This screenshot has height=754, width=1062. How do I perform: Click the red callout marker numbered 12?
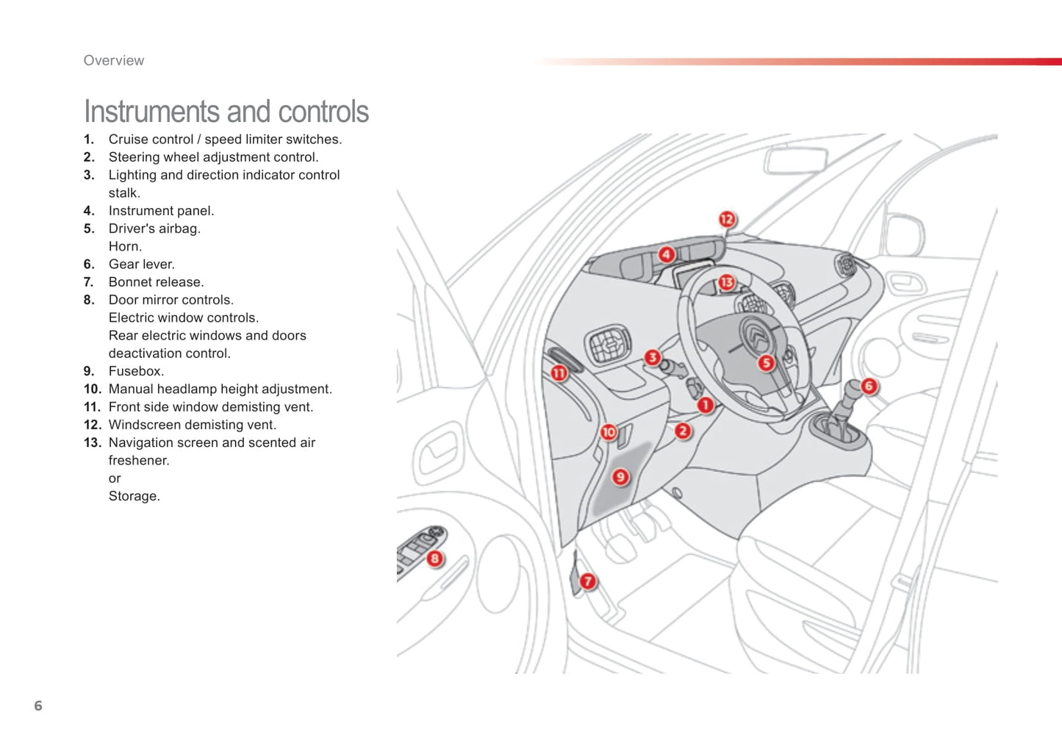(x=727, y=219)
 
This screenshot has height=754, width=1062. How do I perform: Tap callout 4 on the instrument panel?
(x=666, y=255)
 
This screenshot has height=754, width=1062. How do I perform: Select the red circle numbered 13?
(x=726, y=282)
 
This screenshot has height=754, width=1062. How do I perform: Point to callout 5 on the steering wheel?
(x=767, y=362)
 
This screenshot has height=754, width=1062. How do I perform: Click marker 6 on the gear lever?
(x=869, y=386)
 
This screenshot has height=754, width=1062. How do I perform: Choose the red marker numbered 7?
(x=587, y=581)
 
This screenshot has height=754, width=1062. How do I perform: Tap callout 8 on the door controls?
(x=434, y=559)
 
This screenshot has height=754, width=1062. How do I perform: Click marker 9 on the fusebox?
(x=620, y=477)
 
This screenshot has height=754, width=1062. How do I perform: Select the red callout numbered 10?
(x=609, y=432)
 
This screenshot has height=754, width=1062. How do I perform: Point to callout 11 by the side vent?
(x=559, y=373)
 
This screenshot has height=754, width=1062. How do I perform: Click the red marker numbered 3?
(x=652, y=358)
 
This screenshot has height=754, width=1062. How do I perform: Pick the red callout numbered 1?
(x=705, y=405)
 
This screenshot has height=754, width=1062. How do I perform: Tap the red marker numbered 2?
(x=683, y=431)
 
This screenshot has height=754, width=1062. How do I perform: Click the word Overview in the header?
(x=114, y=61)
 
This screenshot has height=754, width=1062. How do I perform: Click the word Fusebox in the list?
(x=136, y=371)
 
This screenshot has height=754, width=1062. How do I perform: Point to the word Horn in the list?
(x=125, y=246)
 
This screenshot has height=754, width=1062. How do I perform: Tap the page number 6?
(x=38, y=706)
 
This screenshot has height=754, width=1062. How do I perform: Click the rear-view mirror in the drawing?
(x=796, y=159)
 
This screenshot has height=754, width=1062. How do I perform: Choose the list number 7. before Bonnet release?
(x=89, y=282)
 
